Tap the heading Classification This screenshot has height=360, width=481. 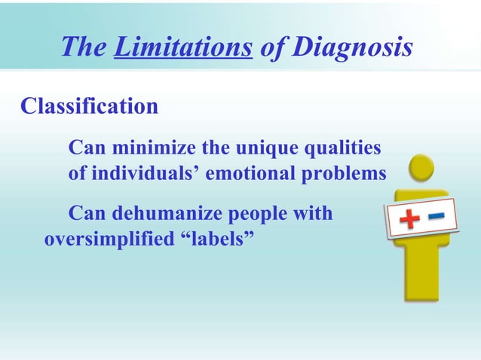click(x=89, y=106)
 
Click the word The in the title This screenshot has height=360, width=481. click(x=82, y=47)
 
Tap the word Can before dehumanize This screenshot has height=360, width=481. click(x=87, y=214)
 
